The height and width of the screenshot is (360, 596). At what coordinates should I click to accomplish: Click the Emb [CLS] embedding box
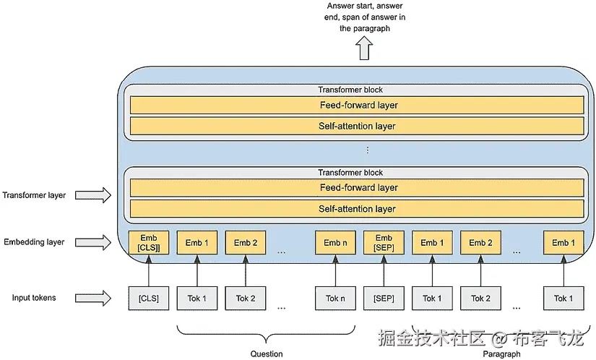click(148, 243)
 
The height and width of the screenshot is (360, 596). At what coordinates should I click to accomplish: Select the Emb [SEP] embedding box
click(384, 243)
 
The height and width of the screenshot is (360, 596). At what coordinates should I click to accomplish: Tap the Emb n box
click(336, 243)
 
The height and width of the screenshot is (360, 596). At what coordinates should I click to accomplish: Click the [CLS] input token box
click(148, 298)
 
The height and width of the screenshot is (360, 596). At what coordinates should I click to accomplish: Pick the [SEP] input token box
click(384, 298)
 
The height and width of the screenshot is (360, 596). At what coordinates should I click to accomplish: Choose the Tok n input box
click(336, 298)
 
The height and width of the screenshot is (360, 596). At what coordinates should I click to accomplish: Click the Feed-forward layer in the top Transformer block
click(358, 106)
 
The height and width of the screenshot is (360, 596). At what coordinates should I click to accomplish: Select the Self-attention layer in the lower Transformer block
click(358, 209)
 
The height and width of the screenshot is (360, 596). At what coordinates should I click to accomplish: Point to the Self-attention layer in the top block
click(358, 127)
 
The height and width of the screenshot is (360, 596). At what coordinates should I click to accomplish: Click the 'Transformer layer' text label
click(34, 195)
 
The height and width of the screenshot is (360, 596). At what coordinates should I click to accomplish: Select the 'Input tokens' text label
click(34, 298)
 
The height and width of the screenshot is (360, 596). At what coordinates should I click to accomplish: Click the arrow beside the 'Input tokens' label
click(92, 298)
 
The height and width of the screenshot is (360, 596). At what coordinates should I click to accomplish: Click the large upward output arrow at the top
click(363, 50)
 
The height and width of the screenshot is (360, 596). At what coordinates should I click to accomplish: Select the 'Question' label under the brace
click(267, 353)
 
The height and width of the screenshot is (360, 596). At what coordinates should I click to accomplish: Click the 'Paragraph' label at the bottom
click(501, 353)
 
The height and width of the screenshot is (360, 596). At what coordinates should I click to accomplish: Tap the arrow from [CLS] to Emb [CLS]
click(148, 271)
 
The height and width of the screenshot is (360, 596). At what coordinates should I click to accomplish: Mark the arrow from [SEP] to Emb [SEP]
click(384, 271)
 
